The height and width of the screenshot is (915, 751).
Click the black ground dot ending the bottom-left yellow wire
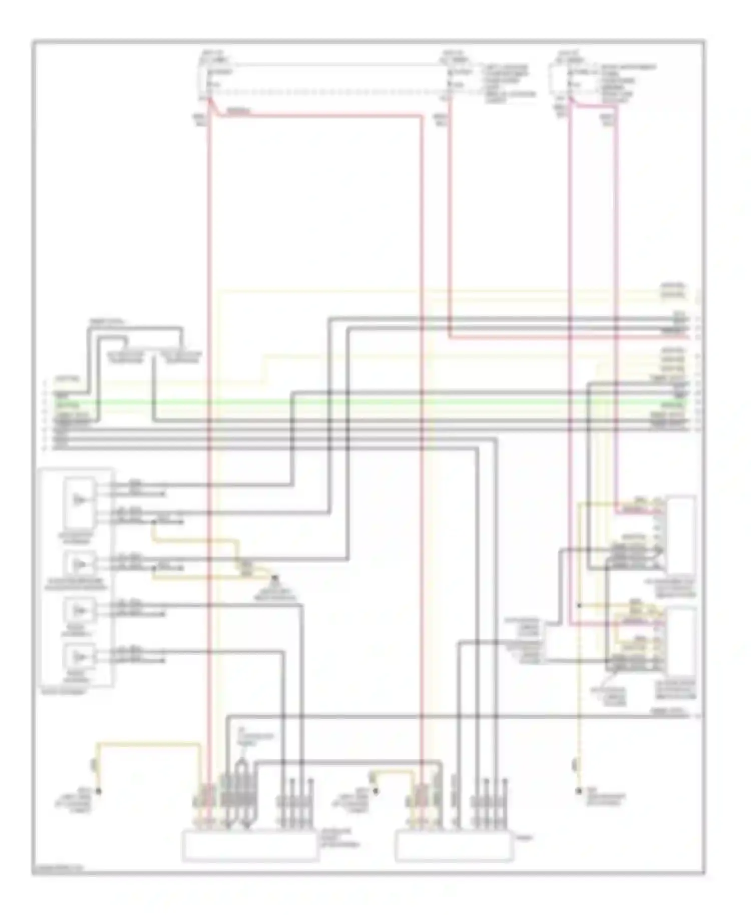[99, 791]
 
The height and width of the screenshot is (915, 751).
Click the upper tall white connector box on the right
[681, 535]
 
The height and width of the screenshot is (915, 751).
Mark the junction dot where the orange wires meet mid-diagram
[274, 579]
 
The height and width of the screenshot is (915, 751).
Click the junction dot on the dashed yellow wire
[579, 606]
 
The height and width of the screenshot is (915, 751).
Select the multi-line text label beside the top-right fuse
[628, 83]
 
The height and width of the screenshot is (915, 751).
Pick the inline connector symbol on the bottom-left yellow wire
[93, 764]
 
